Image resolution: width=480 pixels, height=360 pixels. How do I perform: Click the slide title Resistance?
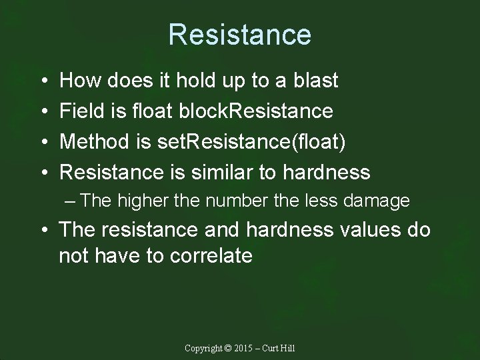tap(239, 34)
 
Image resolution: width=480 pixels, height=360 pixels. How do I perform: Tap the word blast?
tap(314, 81)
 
